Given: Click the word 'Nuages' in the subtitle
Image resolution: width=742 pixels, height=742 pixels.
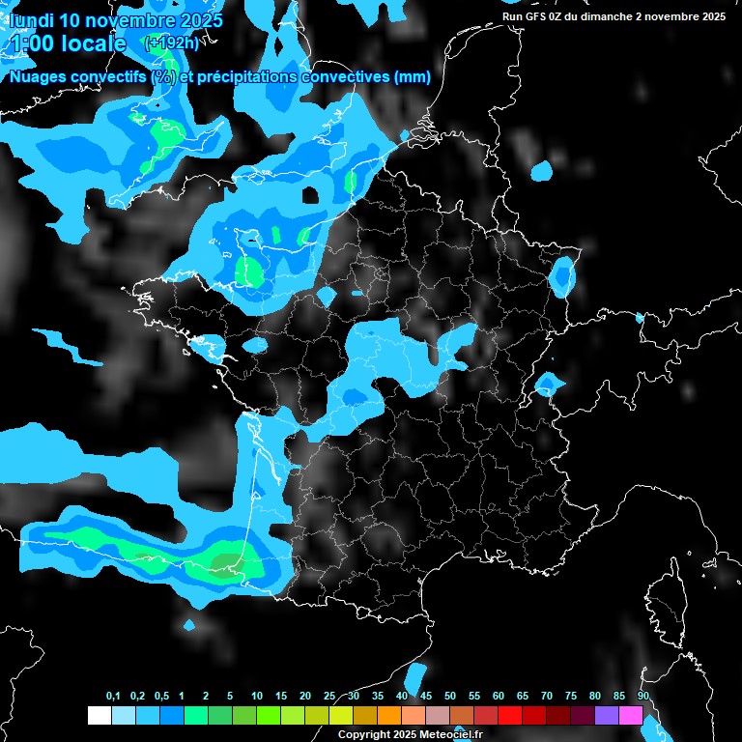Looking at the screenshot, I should [x=36, y=77].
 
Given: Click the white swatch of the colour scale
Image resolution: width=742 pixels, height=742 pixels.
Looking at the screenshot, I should [x=99, y=715].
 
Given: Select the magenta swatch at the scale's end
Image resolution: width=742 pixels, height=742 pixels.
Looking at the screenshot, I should [x=631, y=715].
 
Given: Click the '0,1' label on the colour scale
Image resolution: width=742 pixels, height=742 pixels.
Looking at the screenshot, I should [x=113, y=697].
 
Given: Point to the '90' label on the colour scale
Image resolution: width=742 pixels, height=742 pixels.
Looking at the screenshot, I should [x=642, y=697].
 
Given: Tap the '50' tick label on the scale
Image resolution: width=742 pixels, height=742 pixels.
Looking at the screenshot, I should [x=450, y=697].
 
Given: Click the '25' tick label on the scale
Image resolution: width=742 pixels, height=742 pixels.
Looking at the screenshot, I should [x=329, y=697].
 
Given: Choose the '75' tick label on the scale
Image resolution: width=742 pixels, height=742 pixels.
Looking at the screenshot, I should [x=570, y=697].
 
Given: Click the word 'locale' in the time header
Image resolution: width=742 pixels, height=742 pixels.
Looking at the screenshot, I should [x=91, y=43].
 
